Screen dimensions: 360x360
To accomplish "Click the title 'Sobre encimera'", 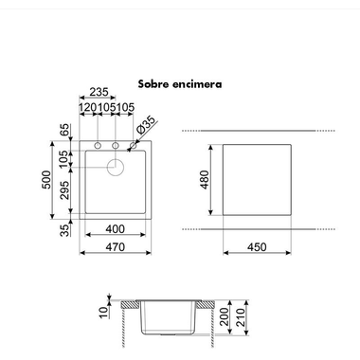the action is (x=180, y=84).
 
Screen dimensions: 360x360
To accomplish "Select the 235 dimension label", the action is (x=99, y=92).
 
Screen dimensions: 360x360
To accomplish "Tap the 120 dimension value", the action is (x=88, y=107).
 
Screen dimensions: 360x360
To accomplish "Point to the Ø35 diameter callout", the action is (x=146, y=125).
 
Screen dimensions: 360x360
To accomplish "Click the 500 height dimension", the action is (x=46, y=180).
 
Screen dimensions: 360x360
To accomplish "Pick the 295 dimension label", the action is (x=64, y=190).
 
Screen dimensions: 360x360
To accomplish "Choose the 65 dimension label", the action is (x=64, y=130).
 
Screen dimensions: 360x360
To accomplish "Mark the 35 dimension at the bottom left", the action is (x=64, y=230).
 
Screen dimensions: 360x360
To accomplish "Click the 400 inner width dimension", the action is (x=116, y=229).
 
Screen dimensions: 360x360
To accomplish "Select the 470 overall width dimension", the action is (x=116, y=247).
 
